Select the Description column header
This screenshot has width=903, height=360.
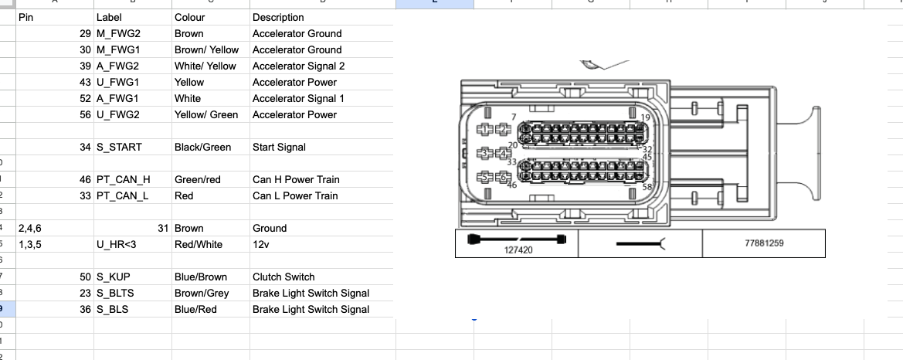click(x=278, y=17)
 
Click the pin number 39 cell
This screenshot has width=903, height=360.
click(x=85, y=66)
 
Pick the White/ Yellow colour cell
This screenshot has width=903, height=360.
click(x=205, y=66)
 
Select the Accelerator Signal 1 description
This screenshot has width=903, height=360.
click(x=298, y=98)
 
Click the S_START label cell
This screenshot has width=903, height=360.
click(x=119, y=147)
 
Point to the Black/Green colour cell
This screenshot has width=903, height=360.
click(x=202, y=147)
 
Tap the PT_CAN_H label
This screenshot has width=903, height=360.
click(x=123, y=179)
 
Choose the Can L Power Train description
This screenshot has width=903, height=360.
click(x=295, y=195)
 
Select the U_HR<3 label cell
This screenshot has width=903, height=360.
click(x=116, y=244)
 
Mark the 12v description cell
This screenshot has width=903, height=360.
click(x=260, y=244)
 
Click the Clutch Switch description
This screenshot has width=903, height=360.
click(x=283, y=277)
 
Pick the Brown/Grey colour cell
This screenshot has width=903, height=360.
click(x=201, y=293)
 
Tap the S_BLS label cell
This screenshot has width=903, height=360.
click(x=112, y=309)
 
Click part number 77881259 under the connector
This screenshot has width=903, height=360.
click(x=764, y=243)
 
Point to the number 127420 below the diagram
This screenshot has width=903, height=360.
click(x=518, y=250)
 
